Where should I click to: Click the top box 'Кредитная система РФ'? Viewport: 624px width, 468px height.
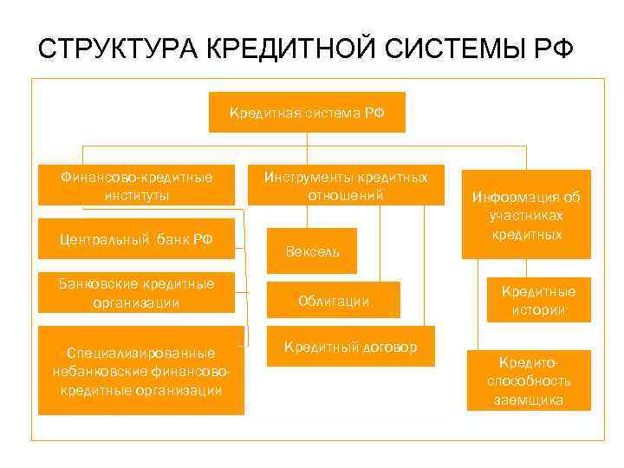coord(307,112)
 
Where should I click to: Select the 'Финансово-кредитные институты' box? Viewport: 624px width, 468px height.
coord(136,185)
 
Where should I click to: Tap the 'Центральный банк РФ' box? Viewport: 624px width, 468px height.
coord(136,239)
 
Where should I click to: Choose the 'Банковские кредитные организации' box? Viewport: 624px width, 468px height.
coord(136,292)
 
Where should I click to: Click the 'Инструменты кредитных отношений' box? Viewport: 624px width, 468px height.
coord(345,185)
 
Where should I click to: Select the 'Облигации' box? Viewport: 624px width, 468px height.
coord(333,300)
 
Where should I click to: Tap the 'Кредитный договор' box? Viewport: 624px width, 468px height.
coord(349,346)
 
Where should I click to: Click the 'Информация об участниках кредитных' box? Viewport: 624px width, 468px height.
coord(526,214)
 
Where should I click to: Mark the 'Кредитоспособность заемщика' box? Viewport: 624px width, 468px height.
coord(529,380)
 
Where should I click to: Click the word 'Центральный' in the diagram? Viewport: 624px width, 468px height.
coord(101,239)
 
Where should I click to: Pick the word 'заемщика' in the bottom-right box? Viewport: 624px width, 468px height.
coord(529,400)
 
